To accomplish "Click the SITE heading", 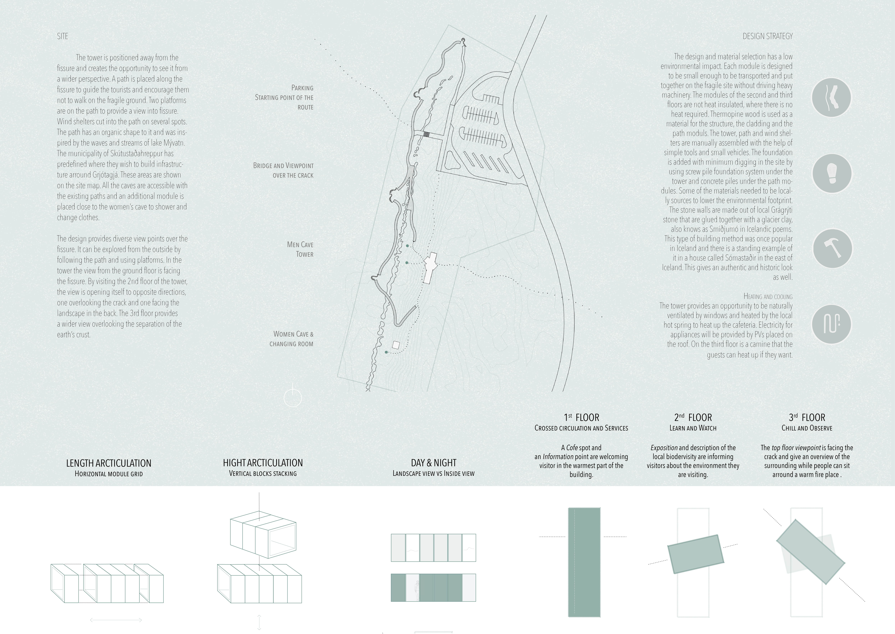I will (x=62, y=36).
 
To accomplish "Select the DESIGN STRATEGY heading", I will (x=767, y=36).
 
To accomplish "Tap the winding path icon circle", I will (x=831, y=98).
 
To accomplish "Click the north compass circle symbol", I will (x=293, y=398).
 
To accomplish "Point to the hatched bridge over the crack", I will (x=427, y=134).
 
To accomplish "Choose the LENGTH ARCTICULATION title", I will (x=108, y=463).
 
